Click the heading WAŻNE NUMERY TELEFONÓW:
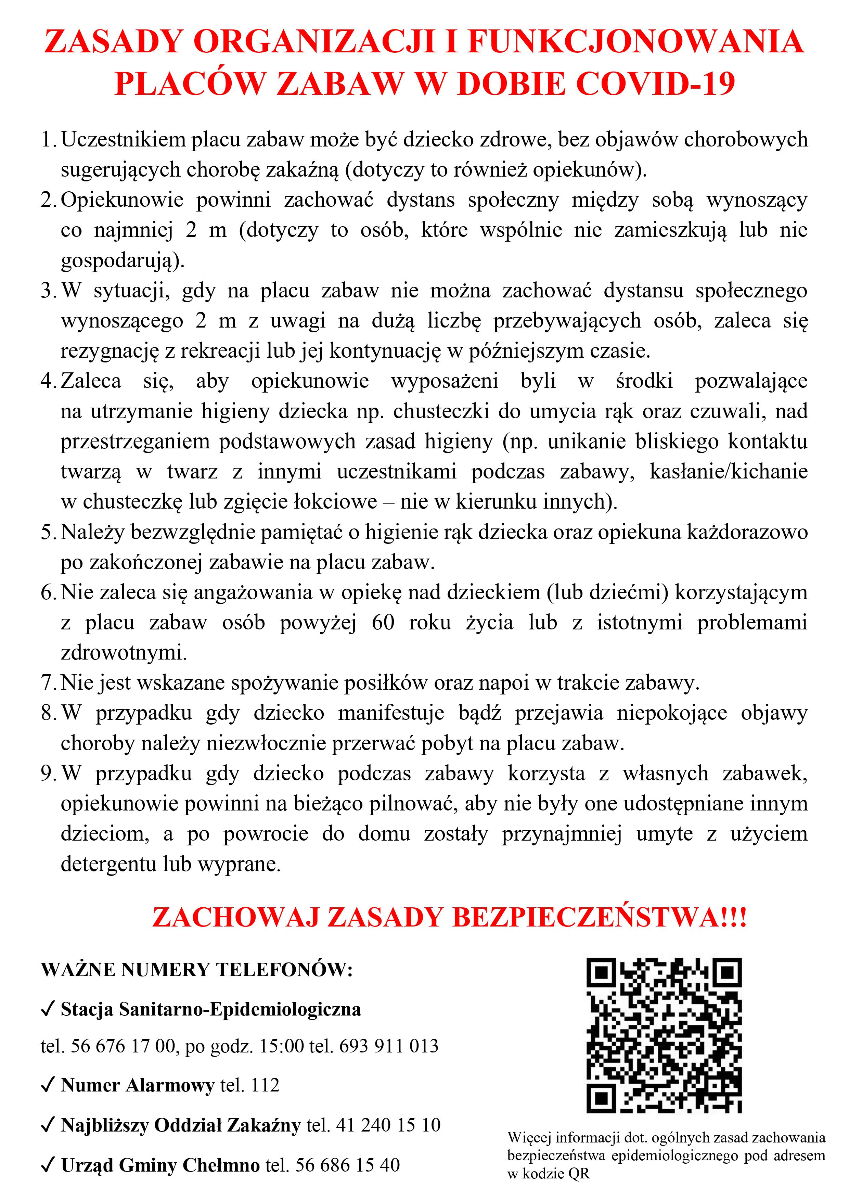pos(197,969)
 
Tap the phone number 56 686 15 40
pos(347,1165)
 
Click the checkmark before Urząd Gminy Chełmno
pos(48,1165)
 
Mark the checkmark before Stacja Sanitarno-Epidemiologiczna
pos(48,1009)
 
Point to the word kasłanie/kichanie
pos(728,472)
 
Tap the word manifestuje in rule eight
pos(391,713)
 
